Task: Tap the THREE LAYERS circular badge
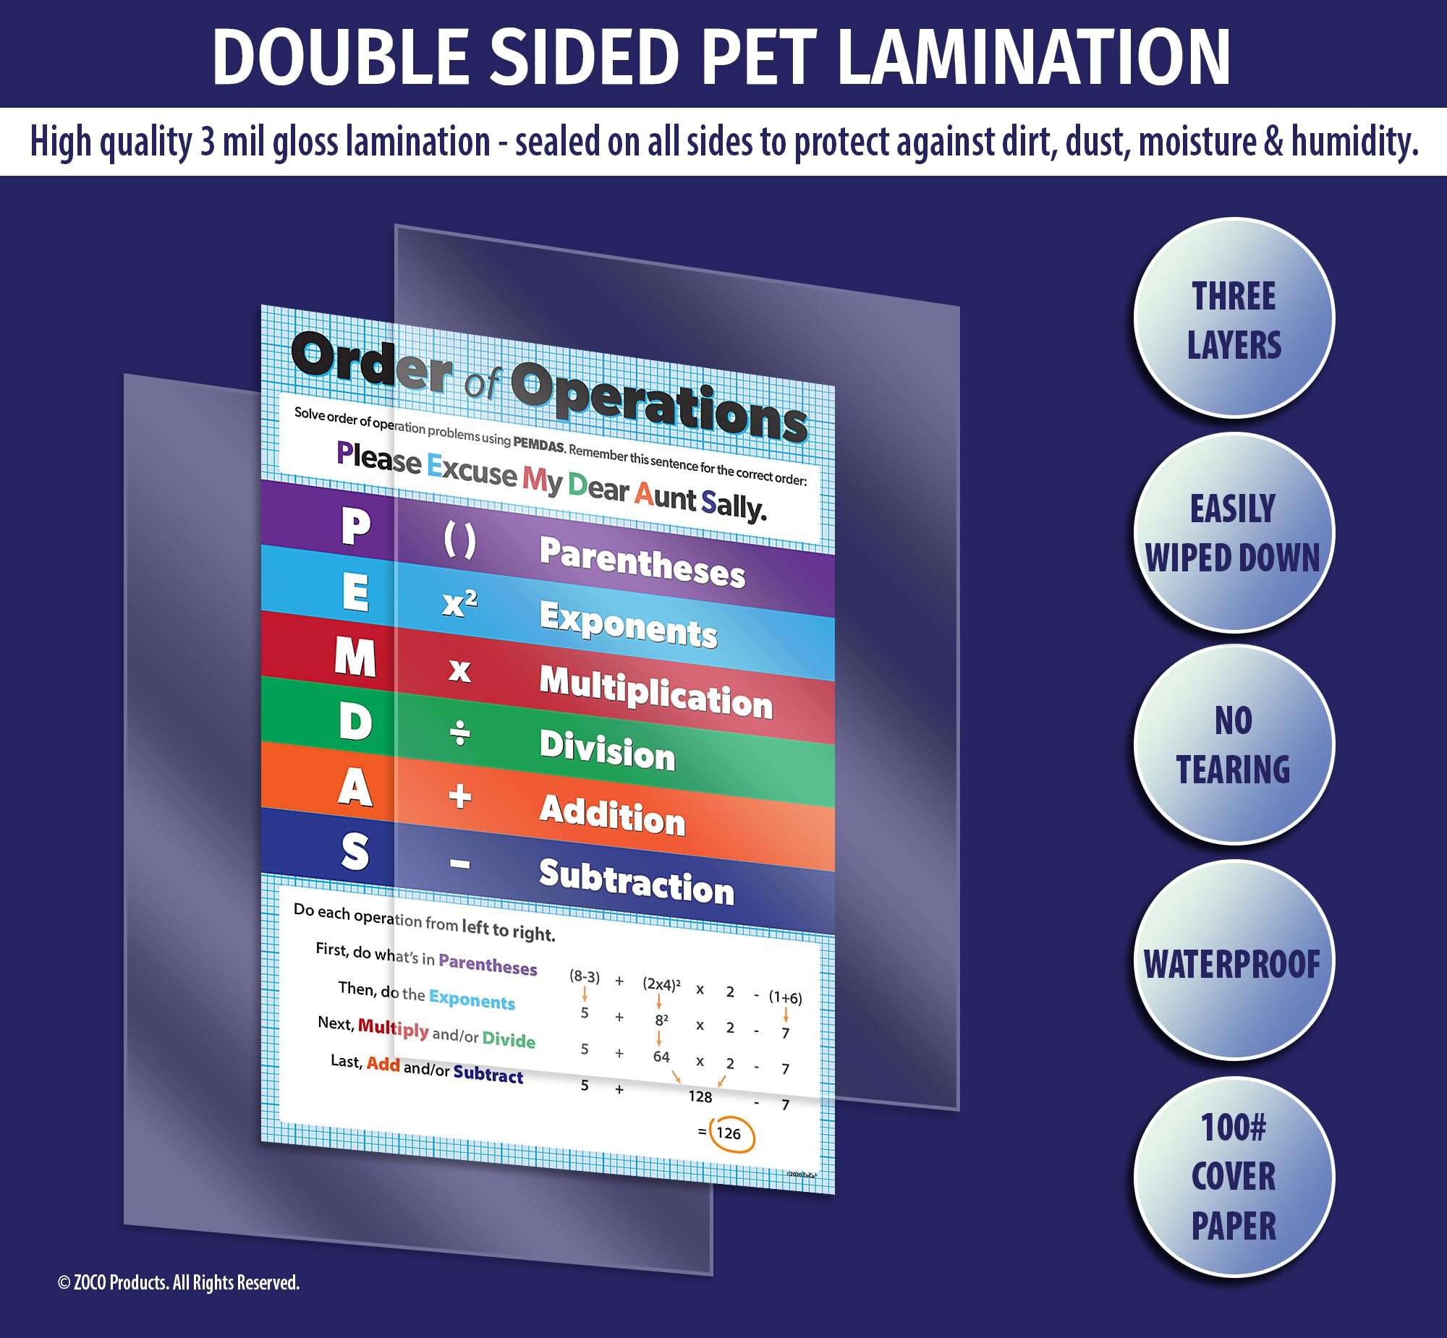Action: pyautogui.click(x=1234, y=319)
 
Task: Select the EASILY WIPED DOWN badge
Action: pyautogui.click(x=1234, y=533)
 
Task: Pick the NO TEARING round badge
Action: pyautogui.click(x=1234, y=745)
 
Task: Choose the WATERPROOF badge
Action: pyautogui.click(x=1234, y=963)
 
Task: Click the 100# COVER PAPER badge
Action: pyautogui.click(x=1234, y=1176)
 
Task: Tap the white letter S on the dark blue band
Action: pyautogui.click(x=355, y=851)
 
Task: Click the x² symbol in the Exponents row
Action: pyautogui.click(x=460, y=602)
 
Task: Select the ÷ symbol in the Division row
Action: pyautogui.click(x=460, y=735)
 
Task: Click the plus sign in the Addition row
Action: pyautogui.click(x=460, y=796)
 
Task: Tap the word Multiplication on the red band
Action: pyautogui.click(x=656, y=691)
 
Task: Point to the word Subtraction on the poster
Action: pyautogui.click(x=637, y=882)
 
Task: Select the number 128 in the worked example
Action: pyautogui.click(x=700, y=1096)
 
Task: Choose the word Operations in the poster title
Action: pyautogui.click(x=659, y=402)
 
